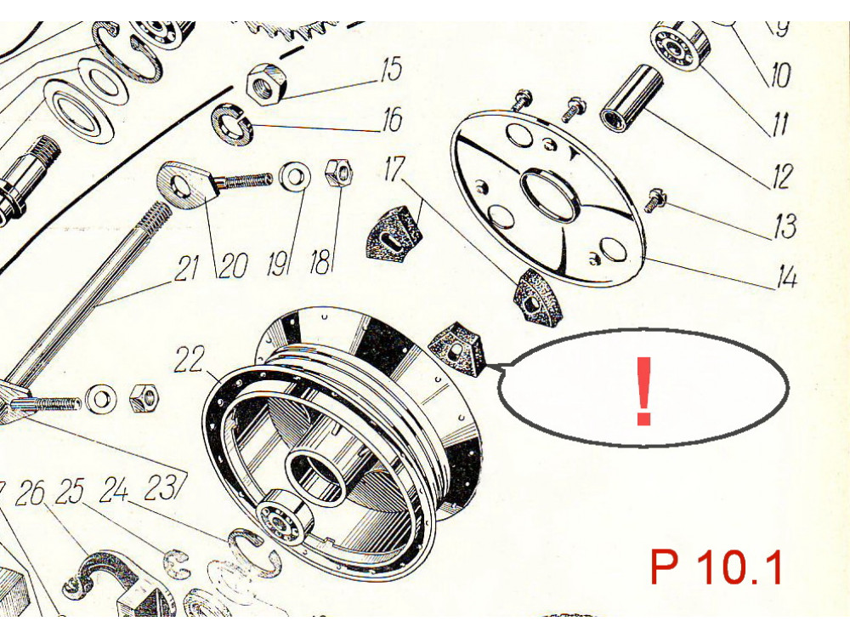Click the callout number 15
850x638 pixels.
(x=391, y=70)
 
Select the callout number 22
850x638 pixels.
(x=190, y=359)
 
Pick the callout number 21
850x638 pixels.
(x=186, y=268)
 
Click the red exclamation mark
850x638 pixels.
(x=643, y=390)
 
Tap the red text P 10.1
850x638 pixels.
(x=716, y=567)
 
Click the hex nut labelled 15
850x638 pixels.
(x=265, y=83)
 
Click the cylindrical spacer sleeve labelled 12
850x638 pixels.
(x=632, y=97)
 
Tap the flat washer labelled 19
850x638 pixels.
(x=295, y=176)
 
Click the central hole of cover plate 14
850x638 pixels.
(x=548, y=194)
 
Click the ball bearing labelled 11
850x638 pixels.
(x=677, y=47)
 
